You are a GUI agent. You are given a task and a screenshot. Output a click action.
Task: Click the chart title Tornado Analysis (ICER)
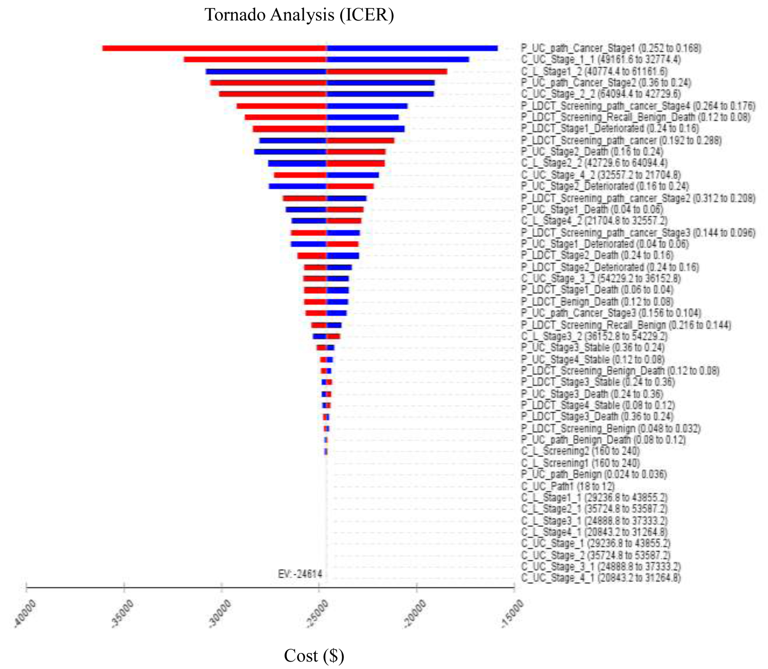tap(299, 15)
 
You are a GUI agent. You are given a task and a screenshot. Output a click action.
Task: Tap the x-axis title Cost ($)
tap(314, 655)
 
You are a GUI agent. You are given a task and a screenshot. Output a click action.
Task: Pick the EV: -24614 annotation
tap(300, 574)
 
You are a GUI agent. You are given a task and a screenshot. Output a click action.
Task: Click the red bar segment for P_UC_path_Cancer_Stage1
tap(214, 48)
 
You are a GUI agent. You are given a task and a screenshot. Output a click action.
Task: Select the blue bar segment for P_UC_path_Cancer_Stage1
tap(412, 48)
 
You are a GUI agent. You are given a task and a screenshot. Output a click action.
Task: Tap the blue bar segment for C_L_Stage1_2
tap(266, 71)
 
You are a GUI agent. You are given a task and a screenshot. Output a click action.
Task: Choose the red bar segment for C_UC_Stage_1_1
tap(255, 59)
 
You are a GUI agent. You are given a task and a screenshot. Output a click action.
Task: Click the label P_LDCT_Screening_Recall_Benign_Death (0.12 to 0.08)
tap(635, 117)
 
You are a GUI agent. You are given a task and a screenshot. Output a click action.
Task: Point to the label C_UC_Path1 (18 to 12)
tap(568, 486)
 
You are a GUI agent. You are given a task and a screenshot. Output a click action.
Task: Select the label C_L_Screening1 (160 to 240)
tap(580, 463)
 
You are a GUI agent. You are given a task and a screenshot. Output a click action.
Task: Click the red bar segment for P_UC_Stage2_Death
tap(356, 152)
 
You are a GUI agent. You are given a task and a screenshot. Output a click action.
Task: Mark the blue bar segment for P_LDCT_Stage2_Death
tap(342, 255)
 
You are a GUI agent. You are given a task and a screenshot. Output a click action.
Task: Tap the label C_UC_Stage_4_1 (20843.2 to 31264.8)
tap(601, 578)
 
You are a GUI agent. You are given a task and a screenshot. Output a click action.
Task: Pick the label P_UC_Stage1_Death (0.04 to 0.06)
tap(592, 210)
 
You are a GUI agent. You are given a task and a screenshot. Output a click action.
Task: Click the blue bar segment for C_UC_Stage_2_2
tap(380, 94)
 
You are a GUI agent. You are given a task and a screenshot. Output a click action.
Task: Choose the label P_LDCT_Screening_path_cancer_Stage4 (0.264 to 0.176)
tap(638, 106)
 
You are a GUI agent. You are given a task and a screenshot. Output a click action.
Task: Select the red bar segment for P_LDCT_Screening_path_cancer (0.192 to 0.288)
tap(360, 140)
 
